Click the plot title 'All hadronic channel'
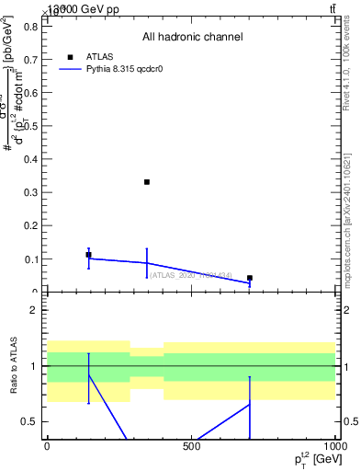pyautogui.click(x=192, y=38)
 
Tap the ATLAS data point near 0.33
pyautogui.click(x=147, y=182)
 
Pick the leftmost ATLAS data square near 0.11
pyautogui.click(x=88, y=255)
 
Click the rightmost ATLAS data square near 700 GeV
pyautogui.click(x=250, y=278)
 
